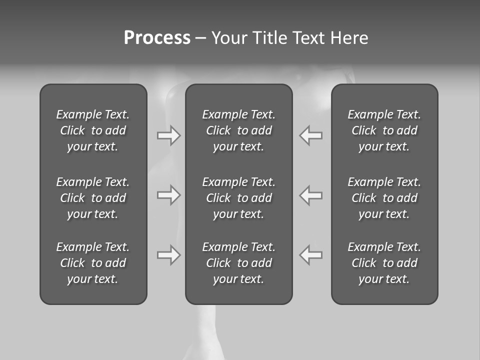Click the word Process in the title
tap(157, 38)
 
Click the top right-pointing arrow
tap(168, 135)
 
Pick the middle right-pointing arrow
tap(168, 195)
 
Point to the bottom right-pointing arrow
tap(168, 255)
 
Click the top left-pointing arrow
tap(311, 135)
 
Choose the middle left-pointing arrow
tap(311, 195)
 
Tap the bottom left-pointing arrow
tap(311, 255)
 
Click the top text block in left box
tap(93, 130)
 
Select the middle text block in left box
tap(93, 198)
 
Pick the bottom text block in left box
tap(93, 263)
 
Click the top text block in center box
tap(238, 130)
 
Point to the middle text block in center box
tap(238, 198)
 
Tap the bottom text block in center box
tap(238, 263)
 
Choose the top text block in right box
tap(384, 130)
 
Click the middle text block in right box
tap(384, 198)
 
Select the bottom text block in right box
tap(384, 263)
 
